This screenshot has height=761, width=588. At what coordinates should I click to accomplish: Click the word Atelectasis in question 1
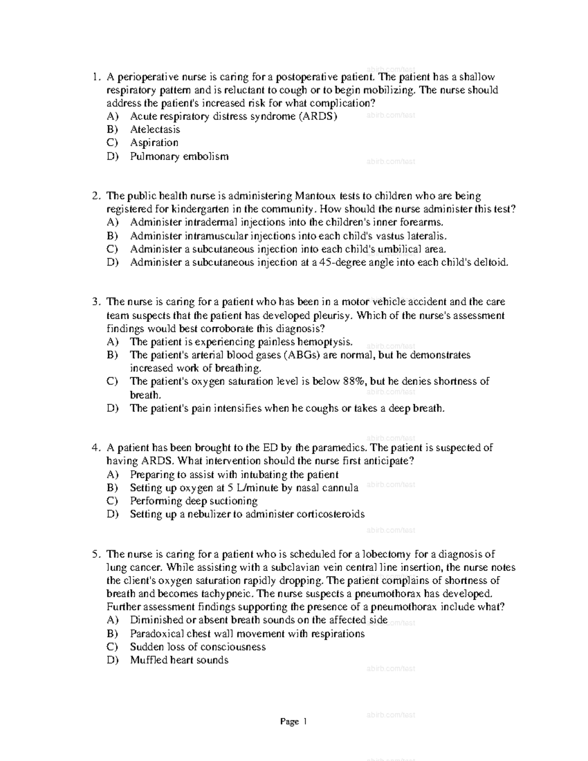(155, 129)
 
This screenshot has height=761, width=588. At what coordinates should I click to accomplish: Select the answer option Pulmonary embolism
(179, 156)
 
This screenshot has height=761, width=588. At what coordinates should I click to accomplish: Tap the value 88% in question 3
(354, 381)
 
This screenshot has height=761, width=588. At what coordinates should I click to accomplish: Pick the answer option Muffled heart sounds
(179, 660)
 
